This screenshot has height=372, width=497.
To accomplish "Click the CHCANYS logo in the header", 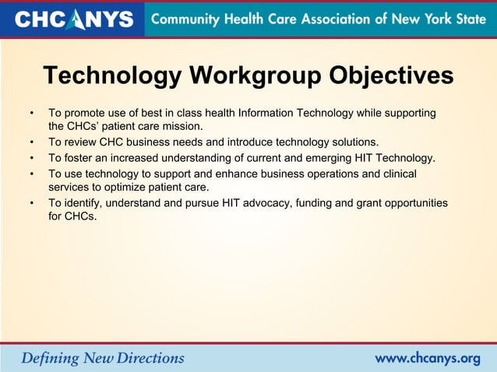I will pyautogui.click(x=74, y=19).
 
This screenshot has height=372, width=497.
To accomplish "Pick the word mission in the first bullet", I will pyautogui.click(x=181, y=126).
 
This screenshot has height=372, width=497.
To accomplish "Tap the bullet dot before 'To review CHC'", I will pyautogui.click(x=31, y=142).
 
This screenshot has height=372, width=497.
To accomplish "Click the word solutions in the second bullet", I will pyautogui.click(x=351, y=142).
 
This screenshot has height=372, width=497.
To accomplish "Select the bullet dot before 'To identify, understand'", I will pyautogui.click(x=31, y=203).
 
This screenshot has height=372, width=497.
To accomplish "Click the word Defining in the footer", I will pyautogui.click(x=50, y=359).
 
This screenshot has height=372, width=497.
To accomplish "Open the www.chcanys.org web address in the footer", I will pyautogui.click(x=428, y=359).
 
